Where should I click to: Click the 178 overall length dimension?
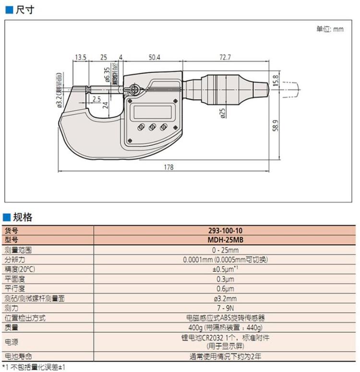[168, 167]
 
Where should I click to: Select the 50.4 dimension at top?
[154, 57]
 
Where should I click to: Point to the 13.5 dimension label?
[80, 57]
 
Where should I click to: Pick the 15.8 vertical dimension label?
[276, 80]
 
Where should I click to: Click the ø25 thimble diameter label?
[223, 113]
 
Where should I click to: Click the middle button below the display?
[152, 127]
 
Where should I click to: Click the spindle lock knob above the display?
[134, 89]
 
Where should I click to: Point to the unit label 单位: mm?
[330, 29]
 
